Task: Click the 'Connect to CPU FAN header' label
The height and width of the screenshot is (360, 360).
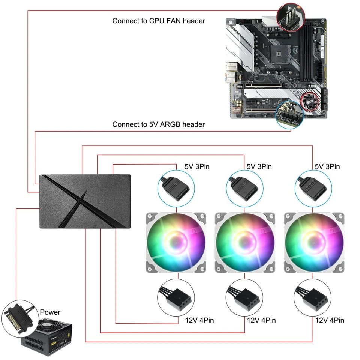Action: click(x=159, y=21)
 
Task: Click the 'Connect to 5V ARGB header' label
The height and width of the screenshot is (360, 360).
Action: click(x=159, y=124)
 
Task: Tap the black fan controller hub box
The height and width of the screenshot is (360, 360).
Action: click(x=85, y=201)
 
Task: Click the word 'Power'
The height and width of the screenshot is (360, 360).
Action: click(x=50, y=312)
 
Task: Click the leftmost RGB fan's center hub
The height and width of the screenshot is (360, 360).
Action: click(x=176, y=242)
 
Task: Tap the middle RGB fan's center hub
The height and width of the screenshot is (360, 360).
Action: click(x=245, y=242)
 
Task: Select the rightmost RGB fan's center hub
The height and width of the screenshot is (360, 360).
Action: click(x=314, y=242)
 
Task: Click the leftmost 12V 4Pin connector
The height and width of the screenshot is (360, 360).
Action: click(x=176, y=298)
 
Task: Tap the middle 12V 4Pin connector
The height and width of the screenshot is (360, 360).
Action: click(x=244, y=298)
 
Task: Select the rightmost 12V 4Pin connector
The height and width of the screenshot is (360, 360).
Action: click(x=313, y=298)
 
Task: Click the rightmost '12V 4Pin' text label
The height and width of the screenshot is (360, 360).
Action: click(x=330, y=320)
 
